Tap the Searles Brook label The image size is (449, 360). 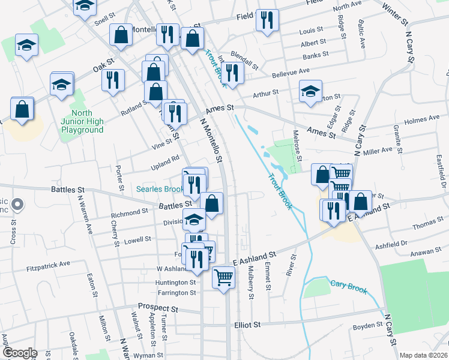point(159,189)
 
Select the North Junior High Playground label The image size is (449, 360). point(82,121)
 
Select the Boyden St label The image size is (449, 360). point(367,326)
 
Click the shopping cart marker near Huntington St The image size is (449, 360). point(223,277)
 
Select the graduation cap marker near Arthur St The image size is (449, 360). point(310,92)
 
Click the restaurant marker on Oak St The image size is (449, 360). point(113,80)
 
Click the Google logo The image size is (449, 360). point(20,353)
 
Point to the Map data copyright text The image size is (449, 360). point(423,355)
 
